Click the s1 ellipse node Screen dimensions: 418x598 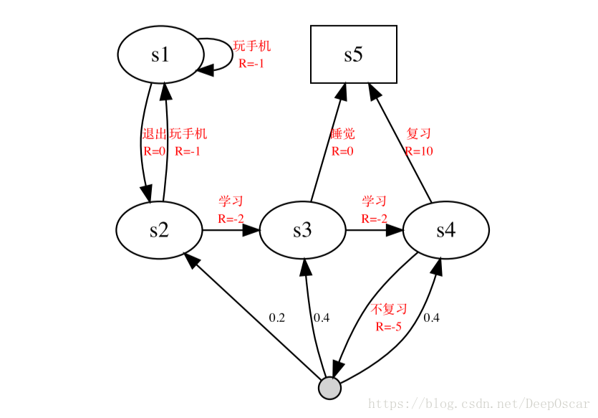[x=160, y=55]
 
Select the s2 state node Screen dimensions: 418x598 [x=159, y=230]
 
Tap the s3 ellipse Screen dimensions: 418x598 [x=302, y=230]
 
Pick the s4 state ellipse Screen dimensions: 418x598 [x=445, y=230]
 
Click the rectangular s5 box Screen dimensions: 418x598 [x=353, y=54]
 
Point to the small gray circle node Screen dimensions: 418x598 [x=329, y=388]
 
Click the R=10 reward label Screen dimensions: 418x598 [x=418, y=151]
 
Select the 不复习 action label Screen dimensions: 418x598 [x=389, y=310]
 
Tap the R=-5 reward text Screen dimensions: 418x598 [x=388, y=327]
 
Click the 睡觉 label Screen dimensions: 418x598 [x=342, y=134]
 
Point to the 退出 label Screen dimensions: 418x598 [x=154, y=134]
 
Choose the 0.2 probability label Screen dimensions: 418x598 [x=277, y=317]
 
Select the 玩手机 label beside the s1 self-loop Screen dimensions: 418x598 [x=252, y=47]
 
